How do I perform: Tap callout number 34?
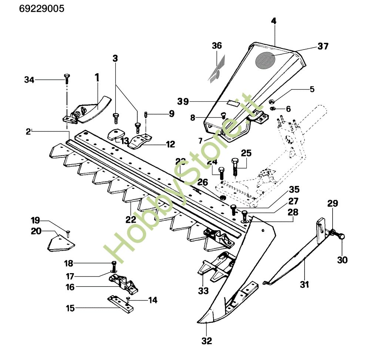(30, 79)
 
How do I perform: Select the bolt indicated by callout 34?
(67, 77)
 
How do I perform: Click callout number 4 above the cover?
(273, 21)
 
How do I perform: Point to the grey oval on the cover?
(266, 60)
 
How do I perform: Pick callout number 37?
(323, 46)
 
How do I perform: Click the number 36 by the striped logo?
(217, 46)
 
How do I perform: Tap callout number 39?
(184, 101)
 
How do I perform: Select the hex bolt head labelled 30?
(342, 236)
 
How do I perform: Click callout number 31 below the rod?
(305, 285)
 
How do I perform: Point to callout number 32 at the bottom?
(207, 341)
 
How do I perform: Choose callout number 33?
(203, 291)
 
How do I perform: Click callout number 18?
(69, 263)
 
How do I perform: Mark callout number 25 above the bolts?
(246, 152)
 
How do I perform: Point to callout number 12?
(170, 144)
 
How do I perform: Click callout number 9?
(171, 113)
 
